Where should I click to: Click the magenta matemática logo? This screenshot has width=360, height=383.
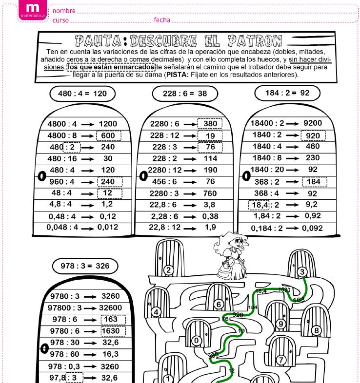pos(33,10)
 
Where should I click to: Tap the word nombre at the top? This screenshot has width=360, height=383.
pos(64,11)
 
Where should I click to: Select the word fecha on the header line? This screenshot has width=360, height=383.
pos(162,20)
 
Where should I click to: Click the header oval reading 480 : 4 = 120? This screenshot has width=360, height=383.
pos(82,93)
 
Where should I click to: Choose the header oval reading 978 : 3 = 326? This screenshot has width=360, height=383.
pos(85,266)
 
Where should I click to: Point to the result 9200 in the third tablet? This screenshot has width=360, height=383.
pos(312,123)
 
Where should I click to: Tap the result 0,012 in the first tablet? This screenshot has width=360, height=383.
pos(107,227)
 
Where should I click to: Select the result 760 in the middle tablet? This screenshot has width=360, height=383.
pos(210,192)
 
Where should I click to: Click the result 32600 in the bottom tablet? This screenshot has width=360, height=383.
pos(110,307)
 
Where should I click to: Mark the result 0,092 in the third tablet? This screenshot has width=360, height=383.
pos(312,228)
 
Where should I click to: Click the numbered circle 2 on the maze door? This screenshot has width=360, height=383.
pos(169,270)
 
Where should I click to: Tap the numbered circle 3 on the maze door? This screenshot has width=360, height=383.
pos(302,272)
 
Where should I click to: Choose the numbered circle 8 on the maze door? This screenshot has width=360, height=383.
pos(316,331)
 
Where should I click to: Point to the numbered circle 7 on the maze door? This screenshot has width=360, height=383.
pos(281,360)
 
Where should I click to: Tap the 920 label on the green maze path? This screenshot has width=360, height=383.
pos(238,315)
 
